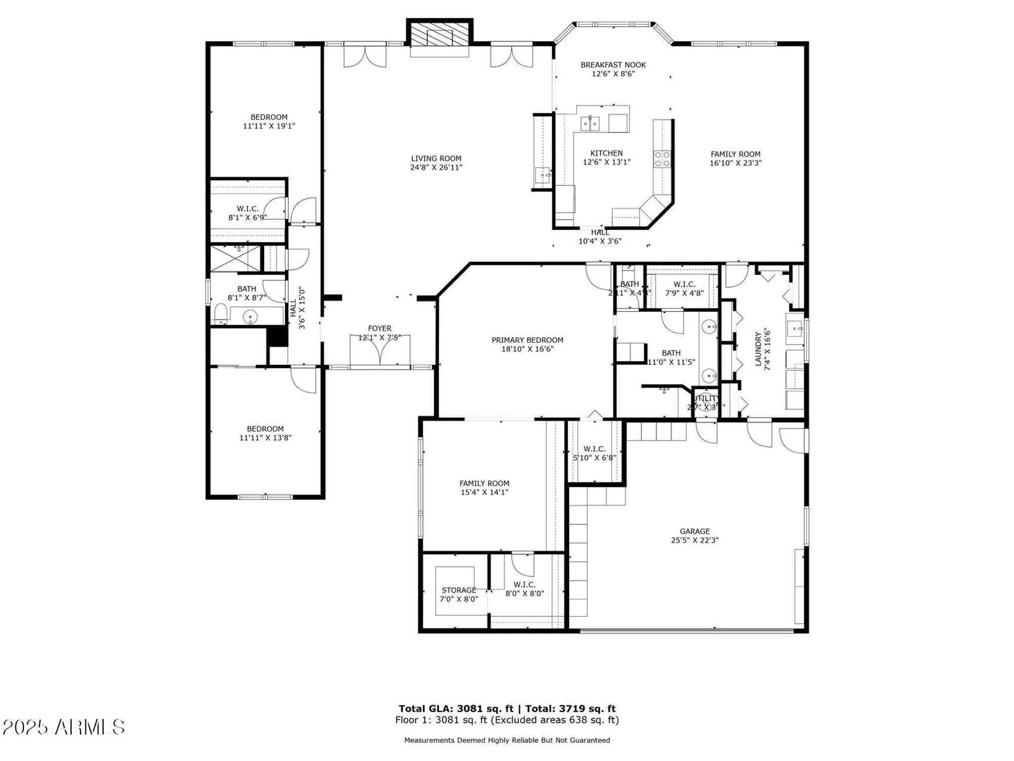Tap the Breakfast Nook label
tap(613, 65)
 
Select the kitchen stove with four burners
tap(662, 159)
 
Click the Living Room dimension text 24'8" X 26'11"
tap(436, 167)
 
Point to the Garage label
tap(694, 531)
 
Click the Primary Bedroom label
tap(527, 340)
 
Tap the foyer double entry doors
tap(379, 350)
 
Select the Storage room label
tap(459, 590)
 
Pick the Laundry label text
tap(758, 349)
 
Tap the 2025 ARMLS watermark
tap(63, 727)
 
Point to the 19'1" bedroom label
tap(269, 122)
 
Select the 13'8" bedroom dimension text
tap(265, 438)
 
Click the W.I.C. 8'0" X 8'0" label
tap(524, 589)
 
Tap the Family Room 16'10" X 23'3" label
tap(735, 158)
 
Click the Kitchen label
tap(606, 153)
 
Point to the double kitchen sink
tap(590, 123)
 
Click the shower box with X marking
tap(235, 258)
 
